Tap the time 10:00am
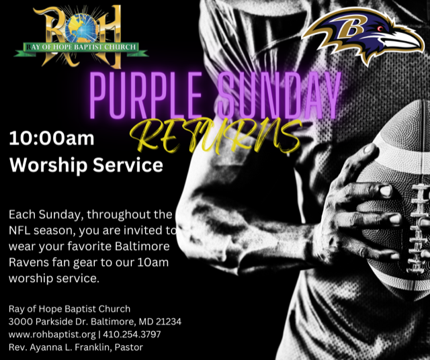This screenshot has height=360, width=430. [52, 139]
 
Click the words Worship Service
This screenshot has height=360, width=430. [85, 165]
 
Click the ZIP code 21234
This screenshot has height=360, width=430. [167, 322]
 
